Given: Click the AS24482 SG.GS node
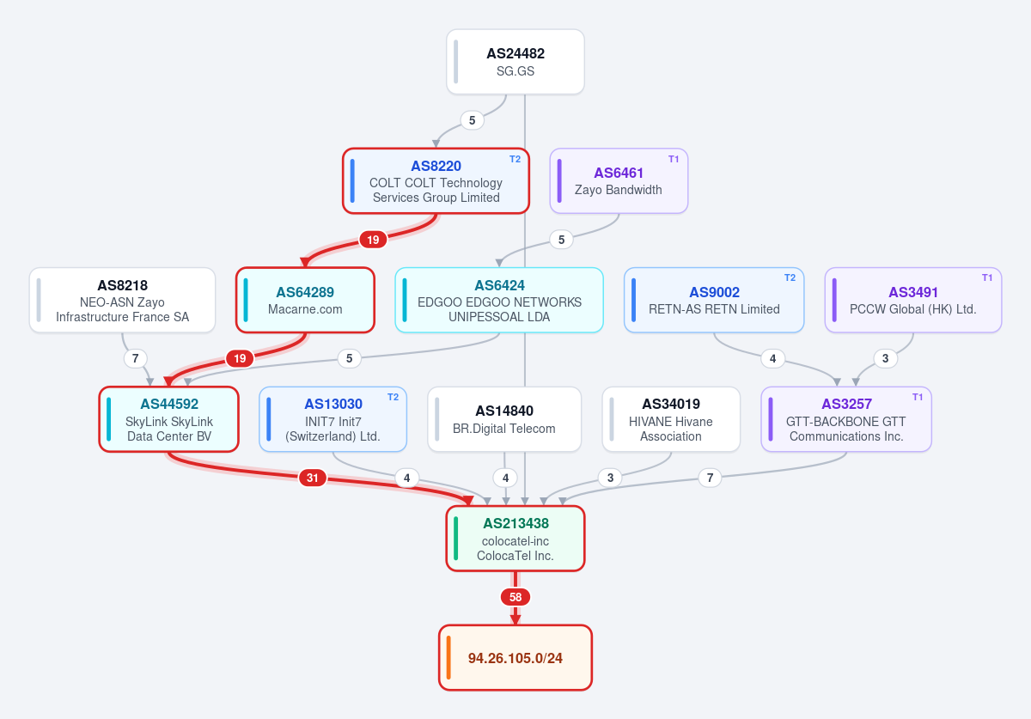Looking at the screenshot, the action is [x=515, y=62].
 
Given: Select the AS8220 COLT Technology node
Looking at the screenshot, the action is [x=436, y=181].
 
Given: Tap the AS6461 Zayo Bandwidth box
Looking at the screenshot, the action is [x=619, y=181].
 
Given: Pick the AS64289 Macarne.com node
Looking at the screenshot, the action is [x=305, y=300].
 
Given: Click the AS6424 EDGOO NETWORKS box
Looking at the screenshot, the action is [x=499, y=300].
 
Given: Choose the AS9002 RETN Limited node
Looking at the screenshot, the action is [x=714, y=300].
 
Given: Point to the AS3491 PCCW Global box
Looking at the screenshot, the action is [x=913, y=300].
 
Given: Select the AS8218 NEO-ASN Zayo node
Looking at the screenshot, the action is [x=122, y=300].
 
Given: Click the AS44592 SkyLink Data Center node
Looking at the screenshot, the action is [x=169, y=419].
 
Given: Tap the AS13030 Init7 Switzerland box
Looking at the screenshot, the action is [x=332, y=419].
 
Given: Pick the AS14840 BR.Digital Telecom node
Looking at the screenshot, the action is [x=504, y=419].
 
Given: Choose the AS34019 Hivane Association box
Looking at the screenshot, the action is [x=671, y=419].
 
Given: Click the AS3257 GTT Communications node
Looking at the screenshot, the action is [x=846, y=419].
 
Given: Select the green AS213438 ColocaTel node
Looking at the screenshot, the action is [x=515, y=539].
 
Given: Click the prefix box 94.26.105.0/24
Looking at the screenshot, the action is [x=515, y=658].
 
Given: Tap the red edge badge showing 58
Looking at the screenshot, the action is [x=515, y=597].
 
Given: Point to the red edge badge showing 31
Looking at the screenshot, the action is [x=313, y=478].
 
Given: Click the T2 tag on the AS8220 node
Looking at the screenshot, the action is [x=515, y=159].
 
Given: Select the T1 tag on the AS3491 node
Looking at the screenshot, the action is [x=987, y=277].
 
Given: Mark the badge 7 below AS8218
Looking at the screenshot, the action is [x=136, y=358].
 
